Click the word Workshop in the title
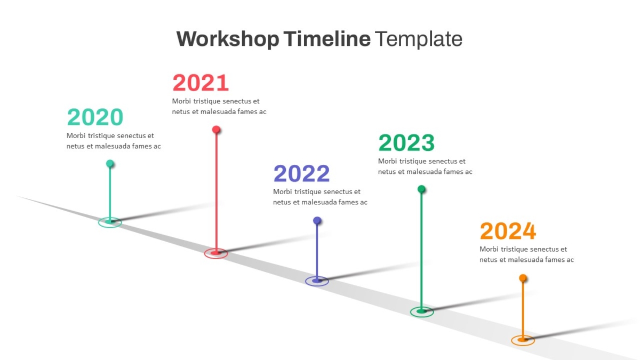[228, 39]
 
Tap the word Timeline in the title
[327, 38]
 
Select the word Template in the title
[418, 38]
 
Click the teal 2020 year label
[95, 117]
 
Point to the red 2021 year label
[201, 83]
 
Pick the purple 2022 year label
[302, 173]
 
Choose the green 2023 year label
[406, 142]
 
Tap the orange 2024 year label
[508, 231]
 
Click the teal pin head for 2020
[110, 164]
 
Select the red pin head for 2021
[217, 130]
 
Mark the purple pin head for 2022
[317, 220]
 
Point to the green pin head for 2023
[421, 189]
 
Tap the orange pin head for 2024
[523, 278]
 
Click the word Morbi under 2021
[181, 101]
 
